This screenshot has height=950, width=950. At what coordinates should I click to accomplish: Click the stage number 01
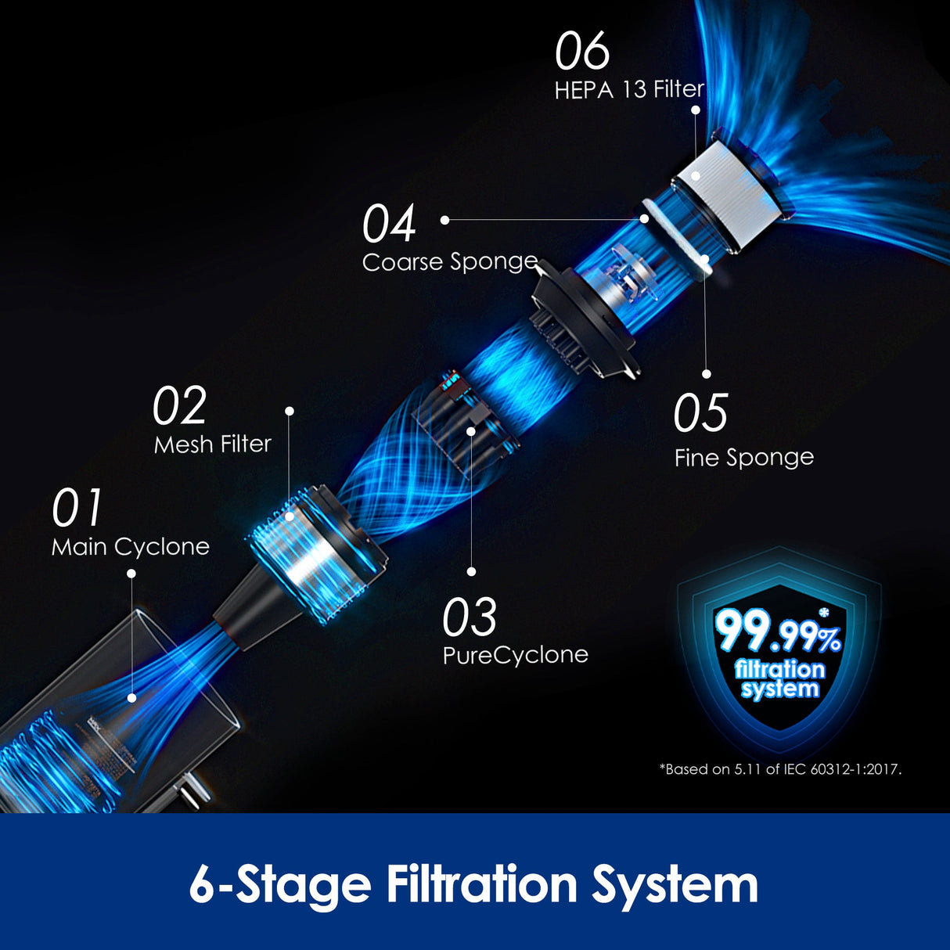coord(77,507)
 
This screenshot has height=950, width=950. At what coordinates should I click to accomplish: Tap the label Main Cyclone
coord(131,547)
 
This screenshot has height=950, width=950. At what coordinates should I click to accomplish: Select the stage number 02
coord(179,405)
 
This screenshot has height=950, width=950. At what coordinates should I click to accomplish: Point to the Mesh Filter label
coord(213,444)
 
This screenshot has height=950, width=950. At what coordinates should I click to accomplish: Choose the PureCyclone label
coord(516,655)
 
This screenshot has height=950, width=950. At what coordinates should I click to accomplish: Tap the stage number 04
coord(390,224)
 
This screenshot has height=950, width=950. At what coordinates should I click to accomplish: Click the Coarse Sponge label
coord(450,262)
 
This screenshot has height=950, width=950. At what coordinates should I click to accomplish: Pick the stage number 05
coord(700,412)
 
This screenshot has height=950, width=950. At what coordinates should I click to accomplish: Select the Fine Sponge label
coord(744,458)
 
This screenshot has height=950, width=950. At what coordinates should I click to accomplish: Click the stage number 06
coord(583,51)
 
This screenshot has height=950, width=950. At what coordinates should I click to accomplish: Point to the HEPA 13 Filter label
coord(630,90)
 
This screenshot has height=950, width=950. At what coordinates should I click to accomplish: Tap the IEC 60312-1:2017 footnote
coord(781,769)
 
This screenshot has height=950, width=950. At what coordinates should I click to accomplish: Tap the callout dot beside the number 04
coord(444,221)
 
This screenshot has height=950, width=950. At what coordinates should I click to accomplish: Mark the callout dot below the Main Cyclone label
coord(131,574)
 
